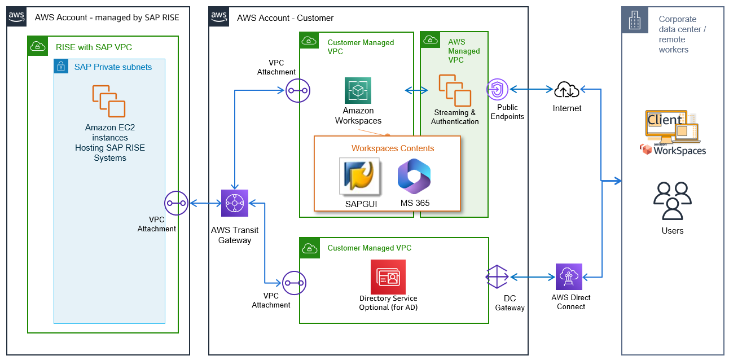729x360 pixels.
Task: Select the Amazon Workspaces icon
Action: point(358,90)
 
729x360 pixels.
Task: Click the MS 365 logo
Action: point(415,176)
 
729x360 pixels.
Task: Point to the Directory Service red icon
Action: point(388,276)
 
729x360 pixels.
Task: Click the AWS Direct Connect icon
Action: point(569,276)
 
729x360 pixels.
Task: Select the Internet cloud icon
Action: point(566,89)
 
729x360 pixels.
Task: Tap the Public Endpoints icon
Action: point(497,89)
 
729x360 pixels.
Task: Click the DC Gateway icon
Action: point(497,276)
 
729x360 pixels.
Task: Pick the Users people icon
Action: point(672,201)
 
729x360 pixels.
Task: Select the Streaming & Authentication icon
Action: point(455,90)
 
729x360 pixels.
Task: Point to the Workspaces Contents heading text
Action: point(393,148)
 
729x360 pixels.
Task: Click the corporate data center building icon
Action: point(635,20)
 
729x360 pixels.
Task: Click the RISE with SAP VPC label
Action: point(94,47)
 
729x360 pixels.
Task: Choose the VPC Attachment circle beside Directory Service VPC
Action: point(294,283)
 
